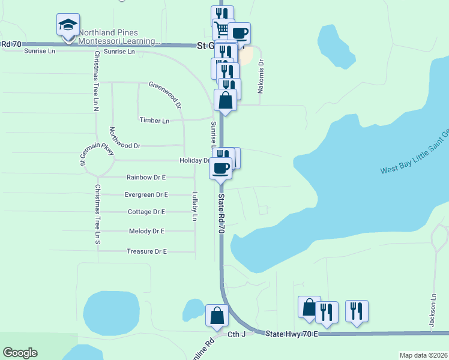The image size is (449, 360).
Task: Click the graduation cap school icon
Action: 68,26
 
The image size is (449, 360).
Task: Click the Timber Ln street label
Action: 154,121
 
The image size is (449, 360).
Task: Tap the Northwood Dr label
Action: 125,146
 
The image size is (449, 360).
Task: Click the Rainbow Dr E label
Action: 146,178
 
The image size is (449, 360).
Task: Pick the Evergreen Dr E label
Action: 146,195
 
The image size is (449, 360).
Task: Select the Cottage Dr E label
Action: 146,212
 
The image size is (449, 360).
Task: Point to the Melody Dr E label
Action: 146,231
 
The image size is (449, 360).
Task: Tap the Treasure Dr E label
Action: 146,251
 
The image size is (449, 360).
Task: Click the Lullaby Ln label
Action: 194,206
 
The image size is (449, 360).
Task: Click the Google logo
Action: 20,353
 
